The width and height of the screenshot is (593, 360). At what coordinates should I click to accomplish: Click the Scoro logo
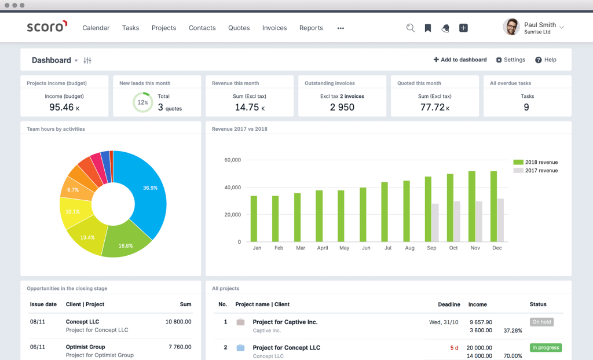47,27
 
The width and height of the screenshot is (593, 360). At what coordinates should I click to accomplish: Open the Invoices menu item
274,28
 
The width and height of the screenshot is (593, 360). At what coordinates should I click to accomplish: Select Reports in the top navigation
311,28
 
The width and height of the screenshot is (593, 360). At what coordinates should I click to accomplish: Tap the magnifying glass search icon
411,28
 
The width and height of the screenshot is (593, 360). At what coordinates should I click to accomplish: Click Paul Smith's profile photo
511,27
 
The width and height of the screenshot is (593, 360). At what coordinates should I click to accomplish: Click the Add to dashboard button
460,60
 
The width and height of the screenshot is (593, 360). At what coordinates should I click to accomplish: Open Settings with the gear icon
510,60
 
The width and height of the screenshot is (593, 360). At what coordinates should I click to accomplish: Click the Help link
546,60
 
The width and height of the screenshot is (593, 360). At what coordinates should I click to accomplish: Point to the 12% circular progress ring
142,102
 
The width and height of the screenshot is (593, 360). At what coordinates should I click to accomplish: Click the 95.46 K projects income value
61,107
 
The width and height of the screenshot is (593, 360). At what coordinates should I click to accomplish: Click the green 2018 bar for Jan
254,218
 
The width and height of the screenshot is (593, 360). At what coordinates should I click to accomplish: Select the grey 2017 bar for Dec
500,220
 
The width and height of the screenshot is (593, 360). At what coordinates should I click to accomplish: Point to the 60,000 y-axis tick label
232,160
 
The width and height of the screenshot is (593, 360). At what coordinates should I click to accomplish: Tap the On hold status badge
541,322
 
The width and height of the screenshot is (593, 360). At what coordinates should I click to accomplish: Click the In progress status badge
546,348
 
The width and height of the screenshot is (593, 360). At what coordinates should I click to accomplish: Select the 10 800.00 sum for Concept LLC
178,322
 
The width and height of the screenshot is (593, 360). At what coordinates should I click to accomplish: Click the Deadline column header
449,304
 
